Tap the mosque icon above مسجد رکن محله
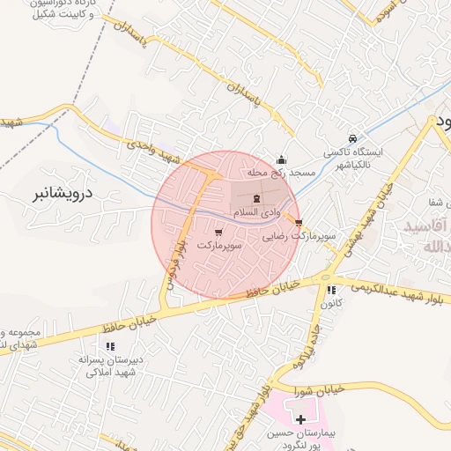tap(282, 159)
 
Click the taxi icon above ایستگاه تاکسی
tap(352, 138)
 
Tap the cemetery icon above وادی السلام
tap(257, 199)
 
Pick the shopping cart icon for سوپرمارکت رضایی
tap(299, 223)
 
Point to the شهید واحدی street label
tap(153, 152)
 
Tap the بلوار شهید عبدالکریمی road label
tap(402, 291)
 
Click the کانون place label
tap(331, 304)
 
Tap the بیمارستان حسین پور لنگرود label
tap(300, 440)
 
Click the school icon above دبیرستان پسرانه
tap(109, 346)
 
